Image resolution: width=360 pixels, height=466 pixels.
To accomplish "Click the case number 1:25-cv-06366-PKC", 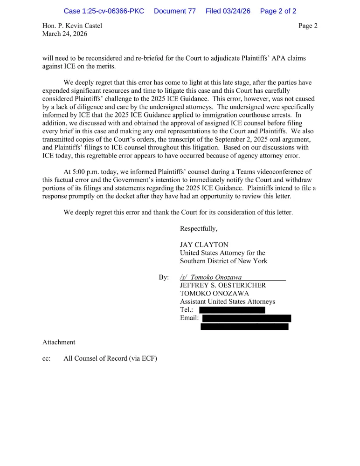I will tap(104, 11).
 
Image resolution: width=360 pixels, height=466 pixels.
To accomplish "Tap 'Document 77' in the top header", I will tap(174, 11).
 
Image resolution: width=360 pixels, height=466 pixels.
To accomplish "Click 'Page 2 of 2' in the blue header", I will tap(278, 11).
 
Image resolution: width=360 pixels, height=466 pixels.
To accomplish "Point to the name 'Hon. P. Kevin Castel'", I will tap(72, 26).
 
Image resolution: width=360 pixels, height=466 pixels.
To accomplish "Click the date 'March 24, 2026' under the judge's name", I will tap(65, 34).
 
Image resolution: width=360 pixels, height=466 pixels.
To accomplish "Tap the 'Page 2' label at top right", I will tap(308, 26).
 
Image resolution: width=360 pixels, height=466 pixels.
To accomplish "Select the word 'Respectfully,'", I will tap(199, 229).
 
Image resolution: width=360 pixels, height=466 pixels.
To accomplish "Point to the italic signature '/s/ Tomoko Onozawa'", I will tap(211, 277).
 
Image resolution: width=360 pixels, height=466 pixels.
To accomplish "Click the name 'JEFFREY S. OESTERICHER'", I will tap(223, 285).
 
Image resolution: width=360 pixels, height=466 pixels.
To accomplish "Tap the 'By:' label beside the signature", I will tap(164, 277).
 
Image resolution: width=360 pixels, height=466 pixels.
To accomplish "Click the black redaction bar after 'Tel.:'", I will tap(232, 310).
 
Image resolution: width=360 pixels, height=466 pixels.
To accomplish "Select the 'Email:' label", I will tap(189, 318).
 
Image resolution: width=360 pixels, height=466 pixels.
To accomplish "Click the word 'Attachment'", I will tap(59, 342).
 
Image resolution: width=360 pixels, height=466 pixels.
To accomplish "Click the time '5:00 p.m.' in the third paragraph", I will tap(86, 172).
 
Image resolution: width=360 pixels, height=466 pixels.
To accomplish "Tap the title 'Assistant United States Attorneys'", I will tap(228, 302).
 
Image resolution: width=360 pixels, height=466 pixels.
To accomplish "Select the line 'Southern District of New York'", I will tap(224, 261).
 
